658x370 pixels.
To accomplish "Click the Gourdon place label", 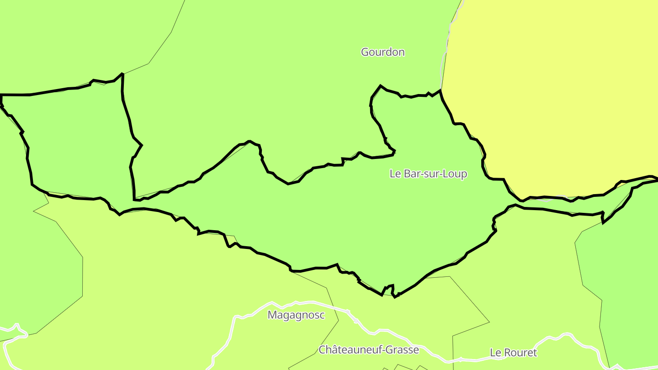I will (x=382, y=52).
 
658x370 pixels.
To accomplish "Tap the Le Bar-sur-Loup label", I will (x=428, y=174).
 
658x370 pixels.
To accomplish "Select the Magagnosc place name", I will (x=296, y=315).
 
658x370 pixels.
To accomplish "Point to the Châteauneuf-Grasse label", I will (x=368, y=350).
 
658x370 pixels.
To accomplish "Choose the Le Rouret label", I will (x=513, y=353).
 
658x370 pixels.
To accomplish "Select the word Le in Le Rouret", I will (x=495, y=353).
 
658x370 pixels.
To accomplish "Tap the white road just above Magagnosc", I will (x=311, y=302).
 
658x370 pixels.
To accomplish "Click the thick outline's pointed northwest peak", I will (x=122, y=74).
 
